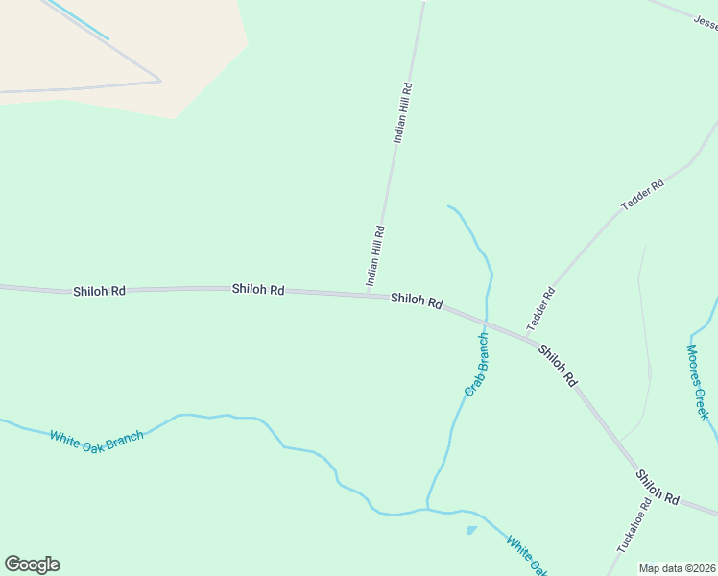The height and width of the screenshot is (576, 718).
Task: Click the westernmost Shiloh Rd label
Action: pos(99,290)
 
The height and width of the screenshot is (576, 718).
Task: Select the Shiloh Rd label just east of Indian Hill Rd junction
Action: pos(417,300)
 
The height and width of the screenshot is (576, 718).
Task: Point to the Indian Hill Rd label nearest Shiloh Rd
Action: pos(375,255)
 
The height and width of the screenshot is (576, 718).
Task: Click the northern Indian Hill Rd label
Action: pos(403,113)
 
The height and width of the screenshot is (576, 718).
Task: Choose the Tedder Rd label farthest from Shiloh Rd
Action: pos(643,195)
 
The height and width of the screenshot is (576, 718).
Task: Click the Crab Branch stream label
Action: pos(477,364)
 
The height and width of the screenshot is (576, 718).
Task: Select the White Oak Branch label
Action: pos(97,437)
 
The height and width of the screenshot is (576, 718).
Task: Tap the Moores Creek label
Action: pos(697,381)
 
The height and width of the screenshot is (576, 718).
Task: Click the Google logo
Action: pos(32,564)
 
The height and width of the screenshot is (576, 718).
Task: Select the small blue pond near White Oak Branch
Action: pos(470,530)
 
